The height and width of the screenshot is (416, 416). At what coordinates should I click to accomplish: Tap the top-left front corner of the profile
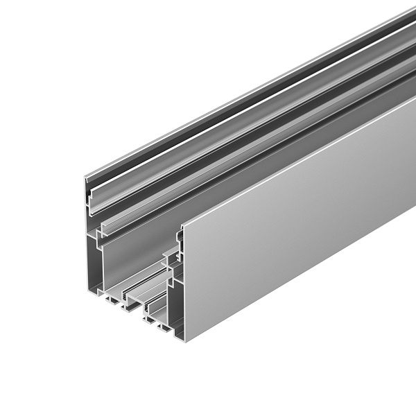point(86,178)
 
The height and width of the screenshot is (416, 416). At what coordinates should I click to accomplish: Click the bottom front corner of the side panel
point(184,340)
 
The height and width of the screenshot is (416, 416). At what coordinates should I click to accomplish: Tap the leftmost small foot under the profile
point(111,302)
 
